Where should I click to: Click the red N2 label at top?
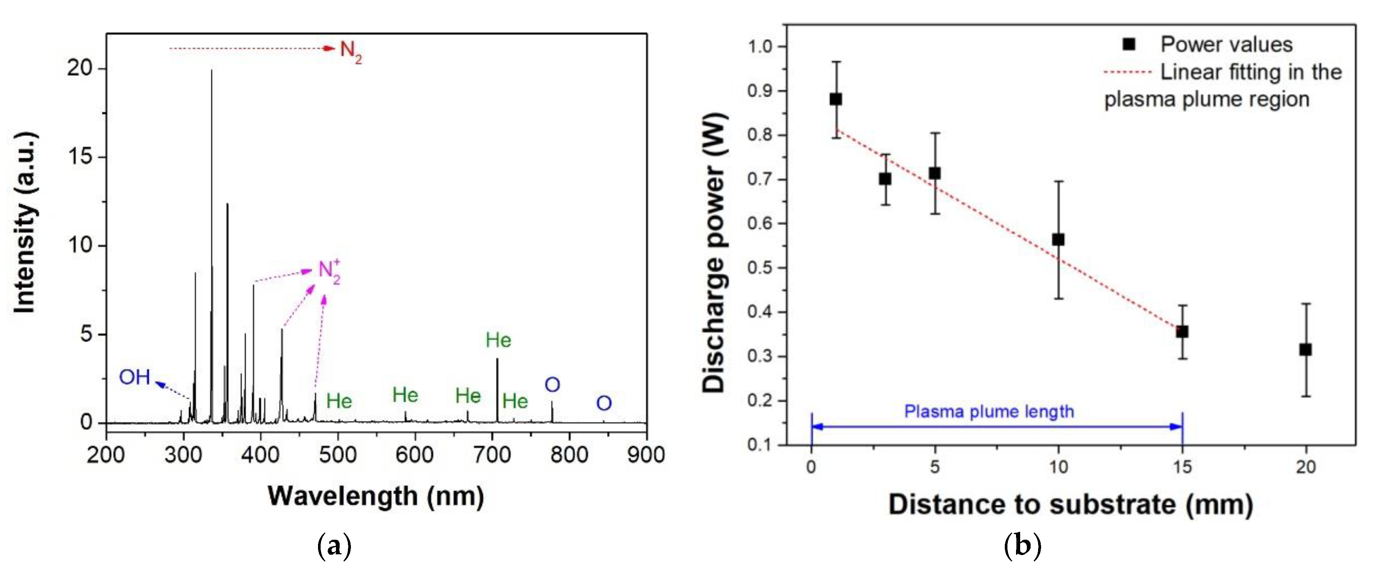351,51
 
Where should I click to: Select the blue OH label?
135,377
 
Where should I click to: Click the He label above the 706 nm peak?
498,340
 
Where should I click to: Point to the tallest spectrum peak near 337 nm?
212,72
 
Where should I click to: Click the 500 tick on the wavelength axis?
337,454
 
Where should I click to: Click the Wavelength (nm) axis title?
376,496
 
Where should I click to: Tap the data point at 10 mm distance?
1058,240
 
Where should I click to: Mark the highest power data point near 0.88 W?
836,99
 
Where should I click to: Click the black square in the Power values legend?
1129,44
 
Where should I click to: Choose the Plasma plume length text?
989,412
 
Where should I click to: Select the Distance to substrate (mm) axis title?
1070,505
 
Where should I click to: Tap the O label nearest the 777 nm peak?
552,385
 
